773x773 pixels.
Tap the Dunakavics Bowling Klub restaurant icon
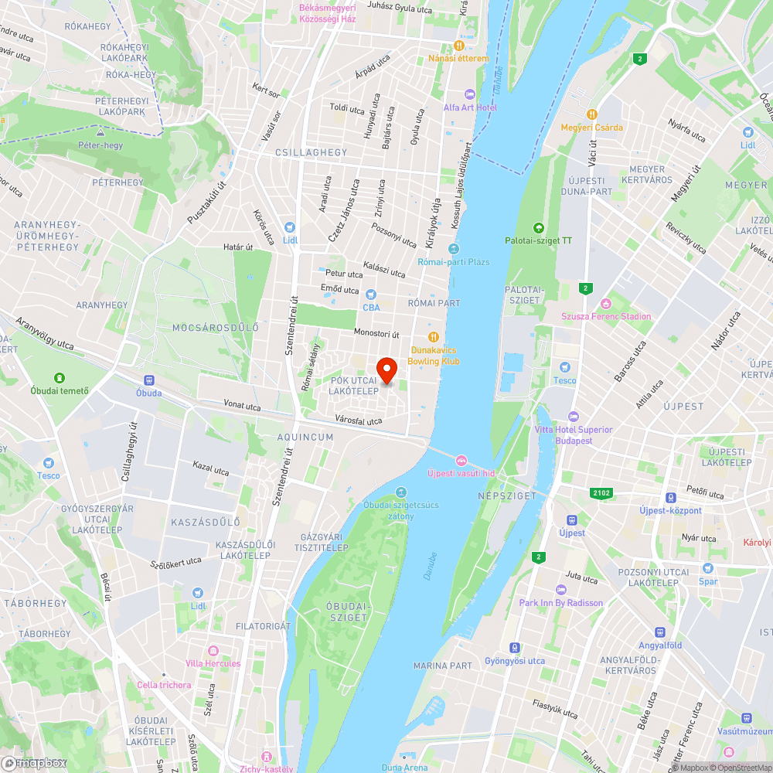[x=434, y=336]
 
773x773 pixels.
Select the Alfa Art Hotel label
[x=470, y=107]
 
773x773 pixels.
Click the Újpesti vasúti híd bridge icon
[x=461, y=460]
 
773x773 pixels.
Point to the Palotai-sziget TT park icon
[x=538, y=227]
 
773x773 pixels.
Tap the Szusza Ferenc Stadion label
[x=606, y=316]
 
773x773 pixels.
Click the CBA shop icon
[x=371, y=294]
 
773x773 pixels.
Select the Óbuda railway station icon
[x=148, y=380]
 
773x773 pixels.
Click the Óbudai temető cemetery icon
[x=60, y=377]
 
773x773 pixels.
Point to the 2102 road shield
[x=599, y=492]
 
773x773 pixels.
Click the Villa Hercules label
[x=213, y=663]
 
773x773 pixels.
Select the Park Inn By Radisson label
[x=560, y=603]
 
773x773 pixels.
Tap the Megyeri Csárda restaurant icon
[x=592, y=114]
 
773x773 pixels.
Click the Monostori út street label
[x=376, y=333]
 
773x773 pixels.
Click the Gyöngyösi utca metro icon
[x=514, y=648]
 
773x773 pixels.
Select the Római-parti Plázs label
[x=453, y=262]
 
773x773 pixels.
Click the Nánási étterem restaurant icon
[x=459, y=46]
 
